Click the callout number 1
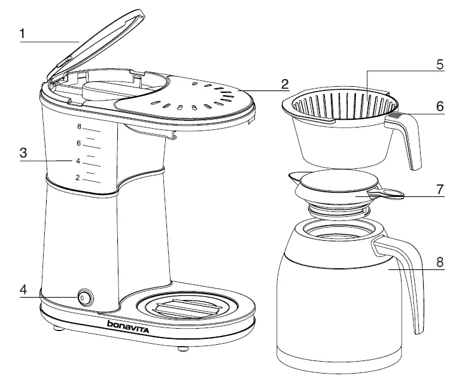(x=22, y=34)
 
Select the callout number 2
(x=285, y=83)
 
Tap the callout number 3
(x=22, y=153)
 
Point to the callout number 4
(x=23, y=289)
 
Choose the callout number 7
(x=440, y=189)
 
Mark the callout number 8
(x=440, y=262)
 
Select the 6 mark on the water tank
(x=78, y=143)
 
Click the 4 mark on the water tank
(x=78, y=161)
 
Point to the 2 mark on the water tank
(x=78, y=178)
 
